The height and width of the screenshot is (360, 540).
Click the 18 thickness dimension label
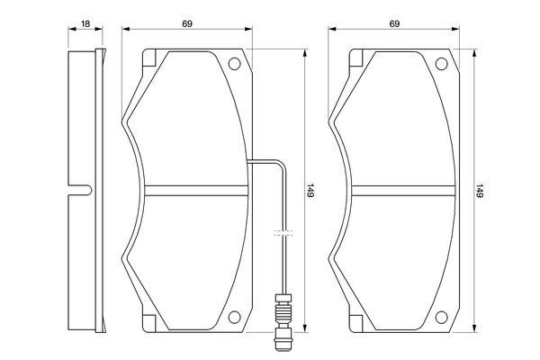coord(85,23)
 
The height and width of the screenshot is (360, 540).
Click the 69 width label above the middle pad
coord(187,23)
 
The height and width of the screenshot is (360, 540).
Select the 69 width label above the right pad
coord(394,23)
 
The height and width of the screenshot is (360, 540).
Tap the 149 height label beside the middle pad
coord(310,191)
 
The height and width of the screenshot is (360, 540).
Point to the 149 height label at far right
coord(480,191)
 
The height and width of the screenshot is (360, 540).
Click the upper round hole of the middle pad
coord(235,64)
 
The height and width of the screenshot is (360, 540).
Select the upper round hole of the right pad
coord(442,64)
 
